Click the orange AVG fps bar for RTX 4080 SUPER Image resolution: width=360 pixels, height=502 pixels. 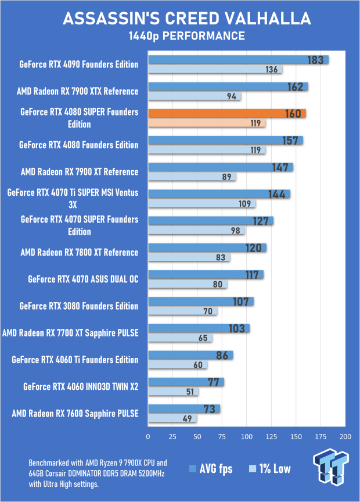[226, 113]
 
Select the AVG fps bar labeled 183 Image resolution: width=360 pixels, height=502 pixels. [238, 60]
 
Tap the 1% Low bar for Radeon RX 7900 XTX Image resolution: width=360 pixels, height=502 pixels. [195, 96]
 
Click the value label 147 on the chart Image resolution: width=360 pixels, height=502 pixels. [281, 167]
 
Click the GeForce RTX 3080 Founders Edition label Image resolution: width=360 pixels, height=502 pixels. [78, 306]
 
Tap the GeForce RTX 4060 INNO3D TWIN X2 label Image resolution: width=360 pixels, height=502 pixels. [81, 386]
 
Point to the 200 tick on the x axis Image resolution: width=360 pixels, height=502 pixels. [345, 436]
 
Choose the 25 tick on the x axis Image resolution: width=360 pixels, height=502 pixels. [172, 436]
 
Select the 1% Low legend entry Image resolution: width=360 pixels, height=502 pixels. [269, 469]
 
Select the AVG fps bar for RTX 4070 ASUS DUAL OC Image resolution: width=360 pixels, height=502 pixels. [206, 275]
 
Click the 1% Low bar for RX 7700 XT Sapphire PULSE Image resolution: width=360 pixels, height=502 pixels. [180, 338]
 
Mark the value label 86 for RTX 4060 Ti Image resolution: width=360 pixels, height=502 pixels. [221, 356]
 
